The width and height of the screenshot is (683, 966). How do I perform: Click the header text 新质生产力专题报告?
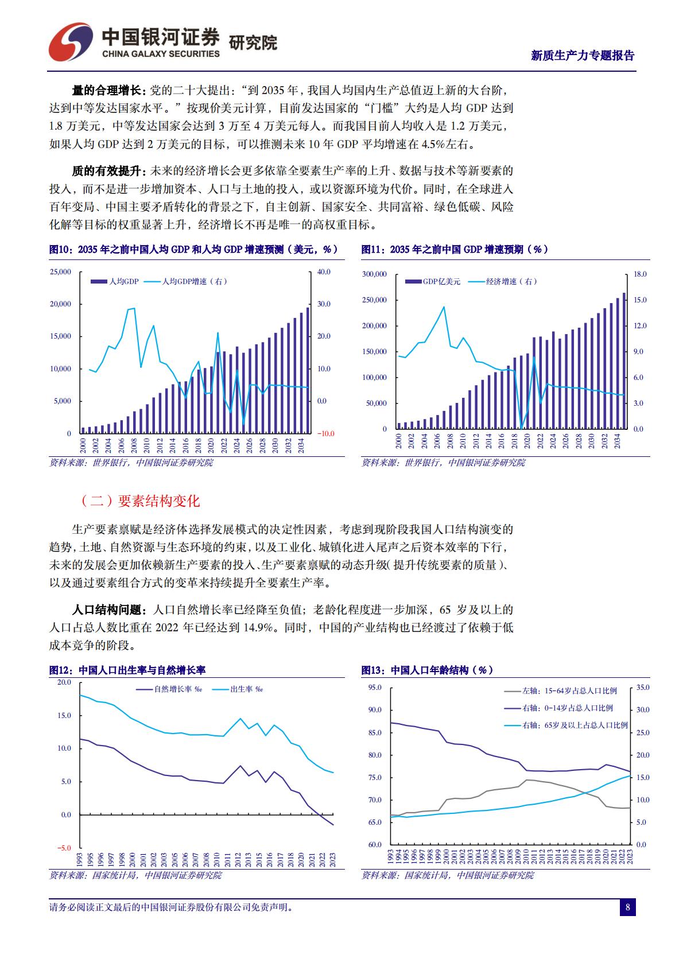pos(583,56)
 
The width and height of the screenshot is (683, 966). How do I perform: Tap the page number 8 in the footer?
pos(627,907)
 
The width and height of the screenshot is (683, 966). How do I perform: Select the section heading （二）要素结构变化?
pos(140,501)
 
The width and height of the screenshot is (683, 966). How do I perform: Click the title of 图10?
pos(193,250)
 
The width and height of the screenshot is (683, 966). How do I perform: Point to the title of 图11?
pos(455,250)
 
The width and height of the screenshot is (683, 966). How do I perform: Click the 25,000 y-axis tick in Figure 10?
pos(61,271)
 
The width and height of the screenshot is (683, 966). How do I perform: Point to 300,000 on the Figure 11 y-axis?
pos(374,274)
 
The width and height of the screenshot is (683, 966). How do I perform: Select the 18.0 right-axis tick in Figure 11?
pos(640,274)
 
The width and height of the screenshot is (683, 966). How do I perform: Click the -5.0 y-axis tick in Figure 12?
pos(64,848)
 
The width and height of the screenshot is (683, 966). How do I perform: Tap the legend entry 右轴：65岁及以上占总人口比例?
pos(574,726)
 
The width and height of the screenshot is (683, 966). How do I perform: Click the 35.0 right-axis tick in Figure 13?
pos(643,688)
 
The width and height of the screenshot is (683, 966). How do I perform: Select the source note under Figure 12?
pos(135,875)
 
